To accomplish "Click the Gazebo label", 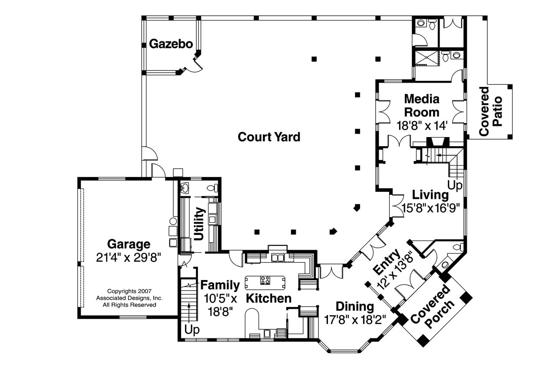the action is tap(171, 44).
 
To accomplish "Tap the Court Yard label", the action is tap(269, 137).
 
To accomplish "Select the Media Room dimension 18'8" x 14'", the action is tap(422, 126).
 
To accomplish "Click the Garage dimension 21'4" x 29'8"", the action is tap(129, 257).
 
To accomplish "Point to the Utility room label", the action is tap(199, 224).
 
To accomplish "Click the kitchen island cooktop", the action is tap(265, 280).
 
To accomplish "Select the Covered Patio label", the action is tap(490, 111).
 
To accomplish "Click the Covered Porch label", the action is tap(432, 307).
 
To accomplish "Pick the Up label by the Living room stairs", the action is tap(455, 186).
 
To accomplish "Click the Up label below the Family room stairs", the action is tap(192, 330).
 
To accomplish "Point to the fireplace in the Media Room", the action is tap(438, 142).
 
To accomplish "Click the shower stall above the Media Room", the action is tap(427, 58).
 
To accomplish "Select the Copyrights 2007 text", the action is tap(129, 291).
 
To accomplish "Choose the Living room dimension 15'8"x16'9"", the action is tap(431, 208).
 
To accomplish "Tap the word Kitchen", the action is tap(268, 298).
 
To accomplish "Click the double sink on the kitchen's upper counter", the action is tap(278, 257).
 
